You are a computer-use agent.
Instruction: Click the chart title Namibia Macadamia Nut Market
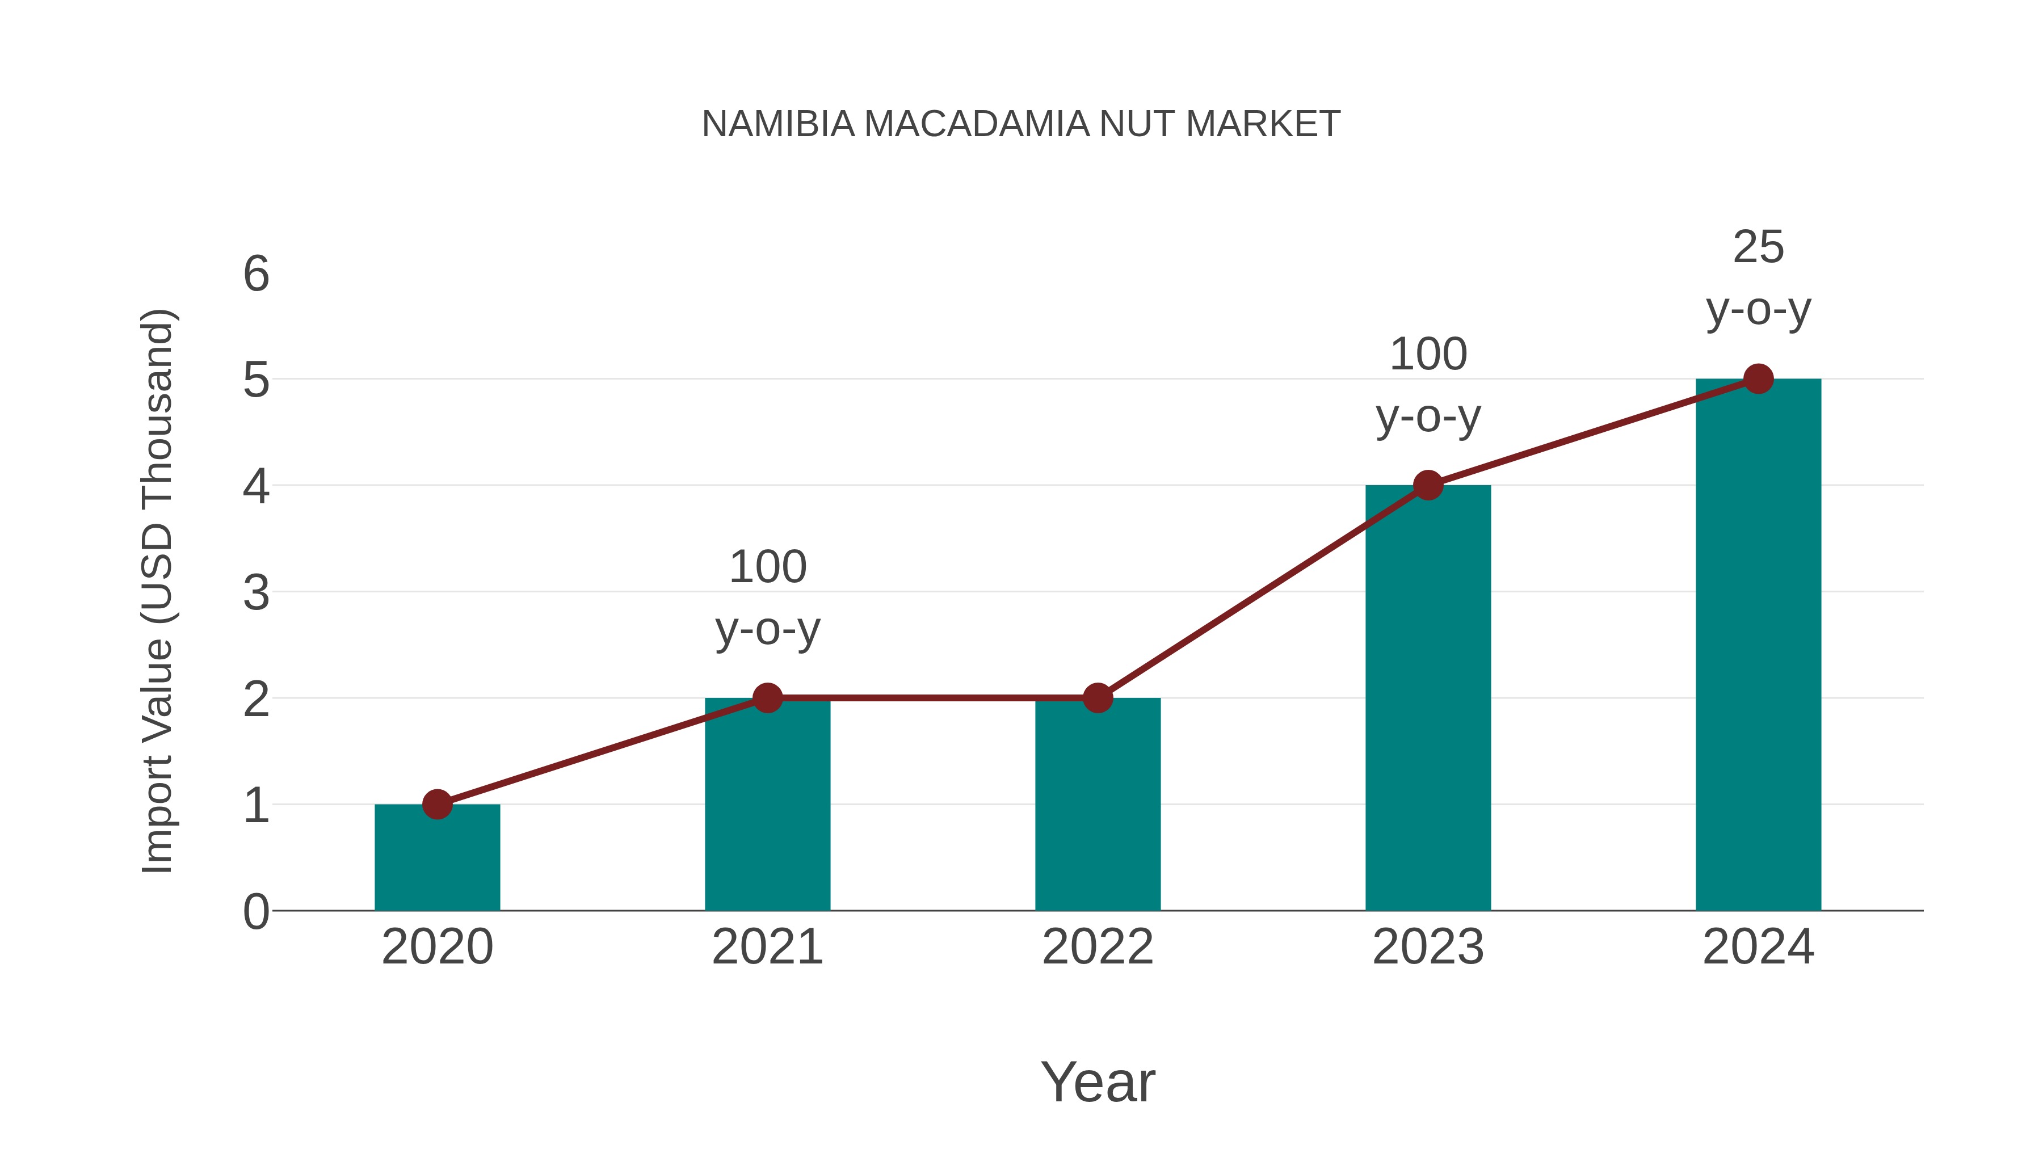[1021, 124]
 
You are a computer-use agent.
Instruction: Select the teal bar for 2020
[437, 860]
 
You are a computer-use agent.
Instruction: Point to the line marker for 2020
[437, 804]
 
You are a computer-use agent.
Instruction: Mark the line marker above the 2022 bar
[1098, 698]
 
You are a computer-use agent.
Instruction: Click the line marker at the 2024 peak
[1758, 379]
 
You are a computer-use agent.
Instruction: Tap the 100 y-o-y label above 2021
[767, 598]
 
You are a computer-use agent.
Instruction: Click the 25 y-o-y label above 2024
[1758, 279]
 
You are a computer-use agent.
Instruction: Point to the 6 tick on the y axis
[256, 275]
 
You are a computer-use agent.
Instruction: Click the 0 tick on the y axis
[256, 912]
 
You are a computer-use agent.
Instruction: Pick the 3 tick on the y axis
[256, 593]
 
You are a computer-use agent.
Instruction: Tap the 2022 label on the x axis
[1098, 947]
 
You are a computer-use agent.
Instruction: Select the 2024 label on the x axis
[1758, 947]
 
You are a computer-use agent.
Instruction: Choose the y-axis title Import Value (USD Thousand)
[157, 592]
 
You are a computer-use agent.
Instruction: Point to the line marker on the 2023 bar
[1428, 485]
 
